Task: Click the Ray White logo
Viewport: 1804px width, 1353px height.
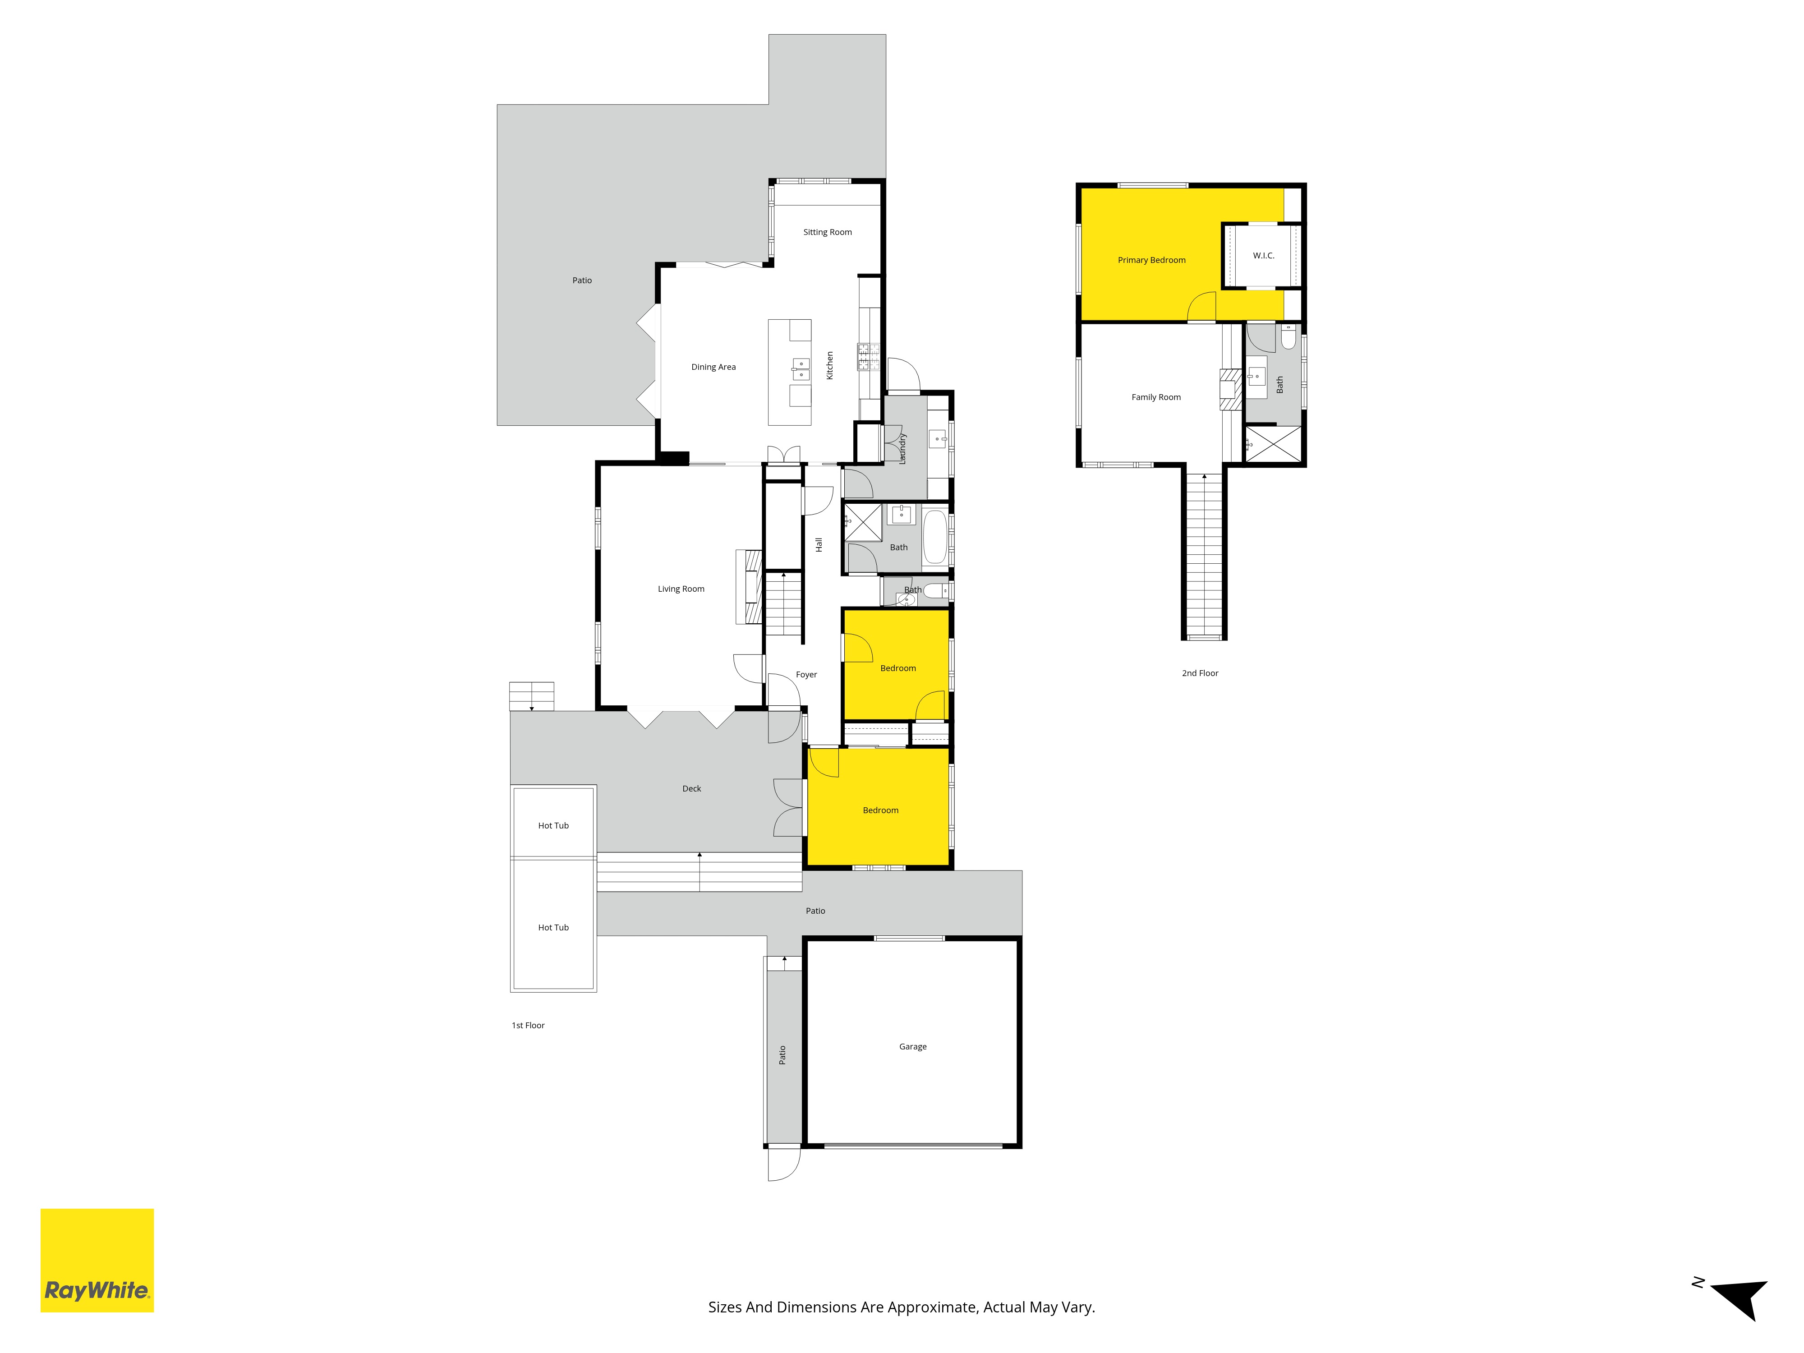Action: (97, 1260)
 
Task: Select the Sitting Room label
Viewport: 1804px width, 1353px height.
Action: (827, 232)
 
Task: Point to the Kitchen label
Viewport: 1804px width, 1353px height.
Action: (829, 365)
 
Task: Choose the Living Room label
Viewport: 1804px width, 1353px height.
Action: (681, 589)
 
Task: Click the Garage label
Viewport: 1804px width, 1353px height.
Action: (913, 1046)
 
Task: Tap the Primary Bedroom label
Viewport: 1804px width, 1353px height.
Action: (1151, 260)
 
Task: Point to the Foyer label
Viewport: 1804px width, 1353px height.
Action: (806, 674)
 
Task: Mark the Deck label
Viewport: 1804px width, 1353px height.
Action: (691, 789)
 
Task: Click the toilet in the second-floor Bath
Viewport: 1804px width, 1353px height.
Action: (1289, 337)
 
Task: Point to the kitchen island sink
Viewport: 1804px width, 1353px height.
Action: (801, 369)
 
